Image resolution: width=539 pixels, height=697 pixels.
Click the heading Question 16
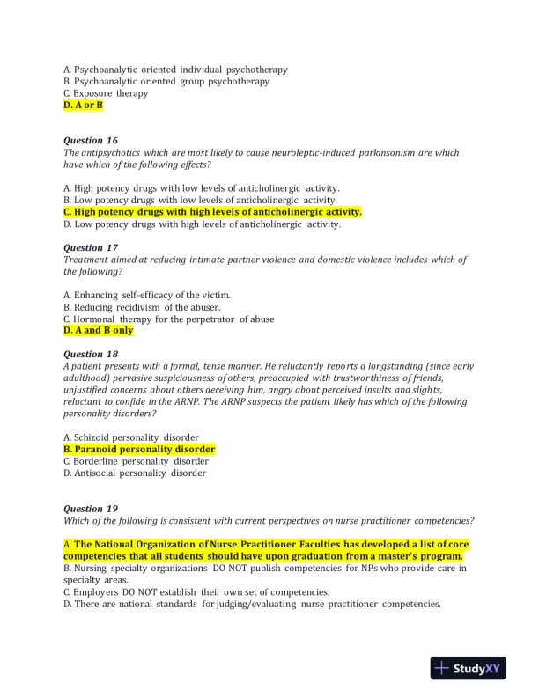[x=90, y=140]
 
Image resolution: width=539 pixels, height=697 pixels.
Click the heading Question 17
[x=90, y=247]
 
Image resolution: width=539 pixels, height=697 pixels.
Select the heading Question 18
[x=90, y=354]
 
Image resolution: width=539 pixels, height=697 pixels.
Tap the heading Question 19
[x=90, y=509]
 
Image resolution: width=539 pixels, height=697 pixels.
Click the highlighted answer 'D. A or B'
[x=83, y=105]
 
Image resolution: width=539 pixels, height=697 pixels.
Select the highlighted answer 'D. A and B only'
[x=98, y=331]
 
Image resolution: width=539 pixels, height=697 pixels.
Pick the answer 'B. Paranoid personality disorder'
[x=139, y=449]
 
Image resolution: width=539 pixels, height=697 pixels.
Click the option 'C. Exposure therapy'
[x=106, y=93]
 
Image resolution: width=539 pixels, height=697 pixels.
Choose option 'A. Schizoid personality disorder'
[x=131, y=437]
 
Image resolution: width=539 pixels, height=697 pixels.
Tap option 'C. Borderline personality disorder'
[x=136, y=461]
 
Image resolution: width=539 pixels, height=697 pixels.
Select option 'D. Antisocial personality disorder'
[x=135, y=473]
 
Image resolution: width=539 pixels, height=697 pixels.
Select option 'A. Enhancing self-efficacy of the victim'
[x=147, y=295]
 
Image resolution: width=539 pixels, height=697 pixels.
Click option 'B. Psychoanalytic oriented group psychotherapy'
[x=166, y=81]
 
